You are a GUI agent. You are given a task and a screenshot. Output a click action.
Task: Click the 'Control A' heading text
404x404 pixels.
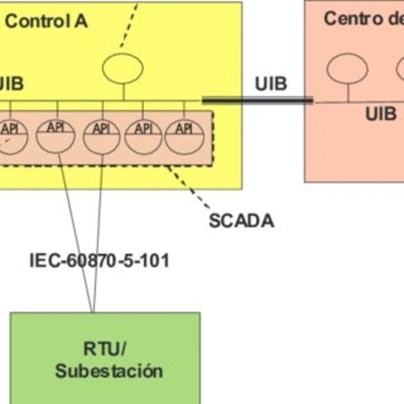point(46,21)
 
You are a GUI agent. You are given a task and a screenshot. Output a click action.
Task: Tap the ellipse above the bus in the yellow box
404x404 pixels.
point(123,66)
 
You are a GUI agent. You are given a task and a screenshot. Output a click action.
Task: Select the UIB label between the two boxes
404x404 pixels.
point(270,83)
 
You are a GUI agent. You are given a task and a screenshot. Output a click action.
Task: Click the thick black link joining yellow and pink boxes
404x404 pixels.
point(257,100)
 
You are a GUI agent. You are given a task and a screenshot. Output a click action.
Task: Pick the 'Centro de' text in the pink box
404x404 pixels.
point(362,19)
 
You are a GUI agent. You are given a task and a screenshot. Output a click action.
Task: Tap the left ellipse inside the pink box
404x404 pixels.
point(348,68)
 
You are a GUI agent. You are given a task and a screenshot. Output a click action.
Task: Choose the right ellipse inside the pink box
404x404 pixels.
point(396,68)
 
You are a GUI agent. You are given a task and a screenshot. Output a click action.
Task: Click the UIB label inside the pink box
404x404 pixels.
point(380,114)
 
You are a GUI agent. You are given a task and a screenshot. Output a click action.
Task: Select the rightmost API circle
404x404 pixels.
point(183,136)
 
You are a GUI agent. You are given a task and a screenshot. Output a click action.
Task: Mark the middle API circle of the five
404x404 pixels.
point(101,136)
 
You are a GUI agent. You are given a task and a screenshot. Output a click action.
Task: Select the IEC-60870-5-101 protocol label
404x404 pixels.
point(98,261)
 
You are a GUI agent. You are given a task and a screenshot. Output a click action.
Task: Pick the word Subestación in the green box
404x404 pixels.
point(109,370)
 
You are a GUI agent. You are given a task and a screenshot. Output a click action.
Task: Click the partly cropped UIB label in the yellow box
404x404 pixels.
point(11,83)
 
